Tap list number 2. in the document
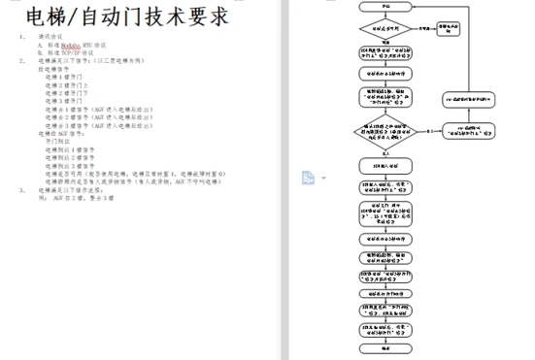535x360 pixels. tap(22, 60)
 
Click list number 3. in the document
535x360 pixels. tap(22, 190)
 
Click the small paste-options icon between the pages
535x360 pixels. tap(308, 177)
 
